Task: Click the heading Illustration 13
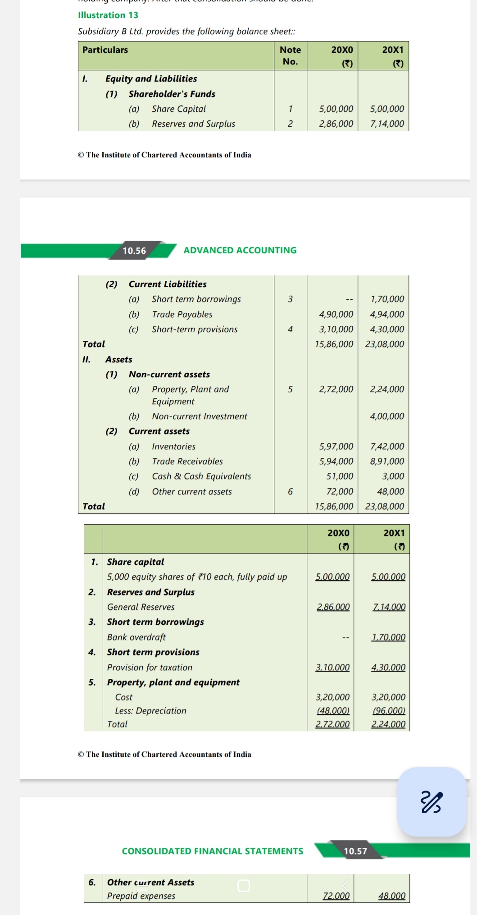click(108, 15)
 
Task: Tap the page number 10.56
click(134, 251)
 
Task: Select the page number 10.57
click(355, 851)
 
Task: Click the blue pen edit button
click(432, 802)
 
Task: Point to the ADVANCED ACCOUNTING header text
click(240, 250)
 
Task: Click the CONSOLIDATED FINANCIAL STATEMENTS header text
click(213, 851)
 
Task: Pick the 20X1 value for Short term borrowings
click(387, 299)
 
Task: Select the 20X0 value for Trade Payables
click(336, 314)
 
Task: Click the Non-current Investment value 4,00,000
click(387, 416)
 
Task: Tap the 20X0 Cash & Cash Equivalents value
click(340, 476)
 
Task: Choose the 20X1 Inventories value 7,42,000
click(387, 446)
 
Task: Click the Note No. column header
click(290, 55)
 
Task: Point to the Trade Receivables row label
click(187, 461)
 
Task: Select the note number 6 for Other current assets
click(290, 491)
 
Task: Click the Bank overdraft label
click(136, 637)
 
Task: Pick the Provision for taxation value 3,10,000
click(332, 667)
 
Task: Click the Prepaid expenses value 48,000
click(391, 896)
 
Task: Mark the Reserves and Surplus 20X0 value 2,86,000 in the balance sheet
click(336, 124)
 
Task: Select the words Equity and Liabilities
click(151, 78)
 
